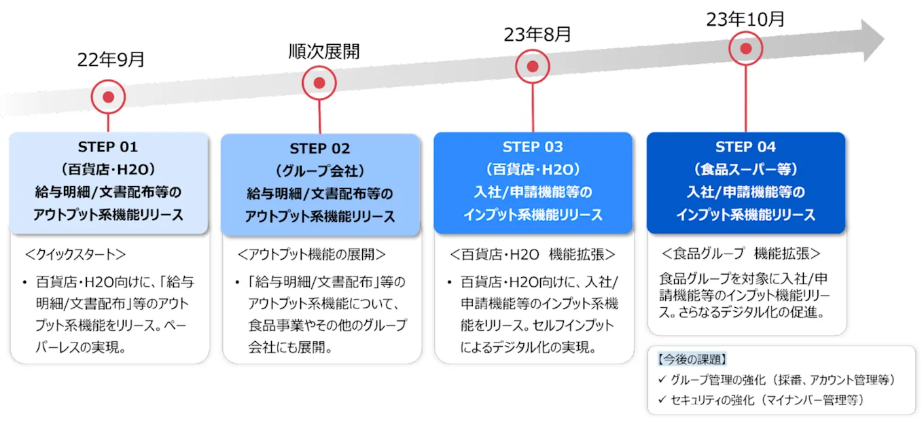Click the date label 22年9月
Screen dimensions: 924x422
click(x=111, y=60)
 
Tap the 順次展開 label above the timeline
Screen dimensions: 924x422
click(x=324, y=52)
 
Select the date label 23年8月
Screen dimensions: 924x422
click(x=537, y=34)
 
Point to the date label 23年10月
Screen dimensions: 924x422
click(x=745, y=19)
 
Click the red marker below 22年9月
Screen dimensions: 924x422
click(x=108, y=97)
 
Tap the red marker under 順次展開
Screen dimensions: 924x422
click(x=319, y=83)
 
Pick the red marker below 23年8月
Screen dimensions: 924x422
click(x=533, y=67)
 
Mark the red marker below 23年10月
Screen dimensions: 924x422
click(x=745, y=49)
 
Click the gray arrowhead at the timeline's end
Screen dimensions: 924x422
click(x=873, y=40)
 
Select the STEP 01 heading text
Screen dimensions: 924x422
click(x=107, y=147)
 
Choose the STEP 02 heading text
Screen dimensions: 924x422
click(x=320, y=149)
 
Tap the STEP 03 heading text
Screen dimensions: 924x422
click(x=533, y=147)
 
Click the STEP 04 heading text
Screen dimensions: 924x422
click(x=745, y=147)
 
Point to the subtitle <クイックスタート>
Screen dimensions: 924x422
click(x=75, y=255)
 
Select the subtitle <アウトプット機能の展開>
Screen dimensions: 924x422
click(x=311, y=255)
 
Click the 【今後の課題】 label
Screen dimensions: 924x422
click(x=692, y=359)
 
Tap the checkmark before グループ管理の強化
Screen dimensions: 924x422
click(x=662, y=379)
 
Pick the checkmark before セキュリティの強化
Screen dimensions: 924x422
click(x=662, y=400)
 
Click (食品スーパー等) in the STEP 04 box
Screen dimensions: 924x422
click(x=745, y=169)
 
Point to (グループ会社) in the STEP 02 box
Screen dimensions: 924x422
click(x=320, y=171)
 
